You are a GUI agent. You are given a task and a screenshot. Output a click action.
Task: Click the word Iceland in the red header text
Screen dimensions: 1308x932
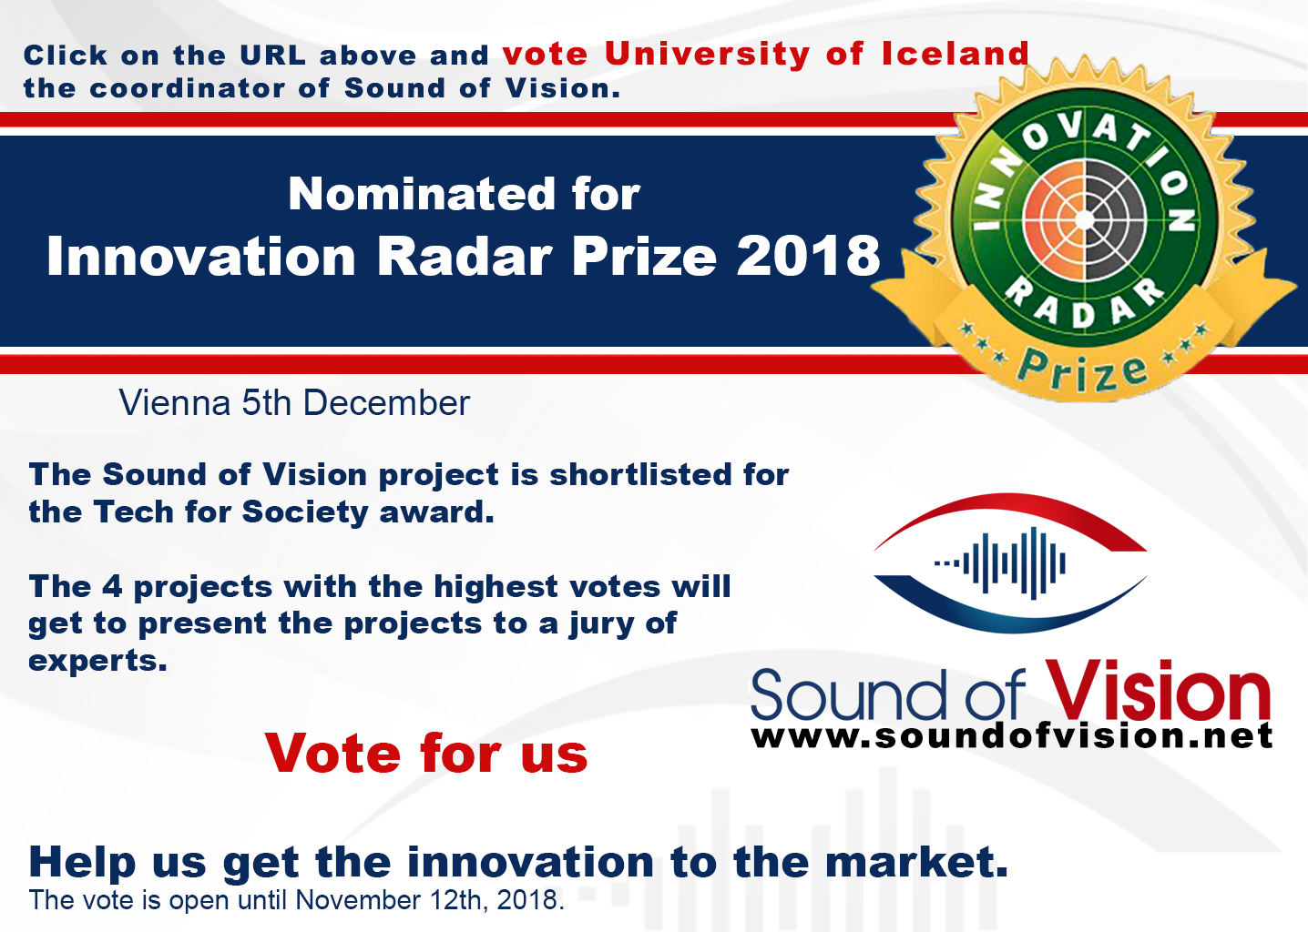coord(955,55)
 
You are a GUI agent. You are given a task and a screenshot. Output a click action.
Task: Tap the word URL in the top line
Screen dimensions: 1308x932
coord(272,56)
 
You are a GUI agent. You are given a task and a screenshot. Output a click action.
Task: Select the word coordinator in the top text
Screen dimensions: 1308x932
coord(188,88)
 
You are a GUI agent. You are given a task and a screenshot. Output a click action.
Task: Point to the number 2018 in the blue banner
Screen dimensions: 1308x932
coord(808,256)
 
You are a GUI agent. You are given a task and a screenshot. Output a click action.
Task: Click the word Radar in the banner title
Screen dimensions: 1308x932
coord(465,256)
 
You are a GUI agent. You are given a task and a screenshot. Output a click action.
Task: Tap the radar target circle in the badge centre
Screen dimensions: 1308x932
coord(1084,220)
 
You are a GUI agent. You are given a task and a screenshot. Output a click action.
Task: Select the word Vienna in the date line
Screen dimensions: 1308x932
coord(175,403)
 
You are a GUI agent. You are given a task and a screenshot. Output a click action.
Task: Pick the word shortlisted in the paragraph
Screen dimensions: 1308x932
coord(640,474)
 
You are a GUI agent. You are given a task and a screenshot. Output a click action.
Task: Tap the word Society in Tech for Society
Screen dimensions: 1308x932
coord(303,513)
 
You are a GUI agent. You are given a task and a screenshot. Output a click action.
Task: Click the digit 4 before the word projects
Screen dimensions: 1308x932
coord(112,586)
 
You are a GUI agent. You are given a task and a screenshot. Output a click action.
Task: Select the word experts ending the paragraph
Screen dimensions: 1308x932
coord(97,662)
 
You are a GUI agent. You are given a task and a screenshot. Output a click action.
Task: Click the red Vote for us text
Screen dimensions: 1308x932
coord(425,754)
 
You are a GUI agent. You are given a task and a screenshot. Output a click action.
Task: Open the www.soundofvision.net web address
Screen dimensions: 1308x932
coord(1012,736)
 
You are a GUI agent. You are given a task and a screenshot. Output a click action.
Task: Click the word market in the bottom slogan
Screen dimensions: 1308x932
coord(916,863)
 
